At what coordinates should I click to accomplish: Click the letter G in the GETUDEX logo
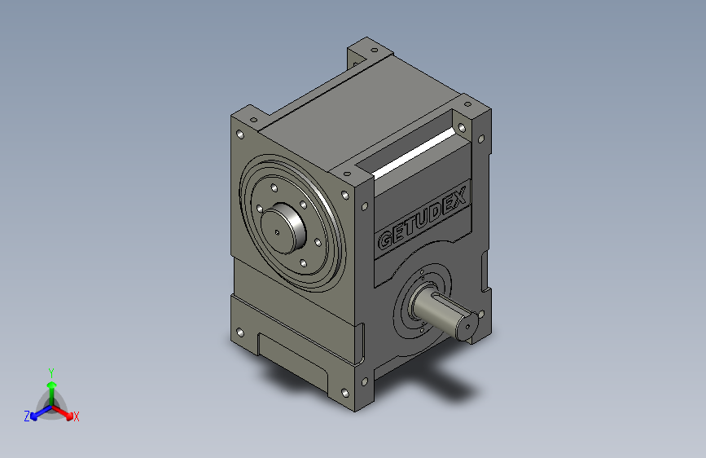point(385,240)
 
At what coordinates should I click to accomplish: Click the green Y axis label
point(51,373)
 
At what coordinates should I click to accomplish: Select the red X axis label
point(76,416)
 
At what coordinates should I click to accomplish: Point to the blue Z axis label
point(27,416)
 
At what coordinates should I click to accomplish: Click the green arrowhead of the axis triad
point(52,385)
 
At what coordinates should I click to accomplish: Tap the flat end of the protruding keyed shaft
point(466,326)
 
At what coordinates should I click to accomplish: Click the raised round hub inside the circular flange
point(283,228)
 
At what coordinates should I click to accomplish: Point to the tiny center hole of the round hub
point(277,232)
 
